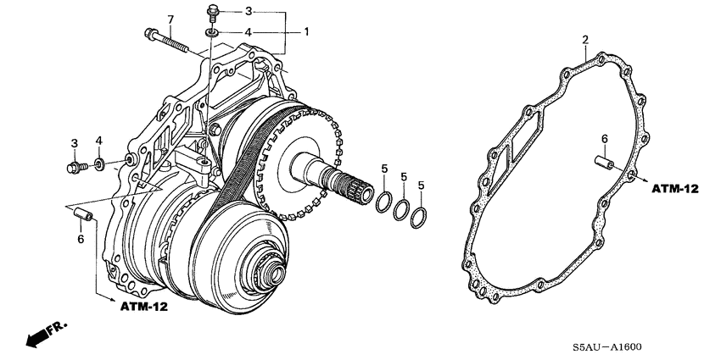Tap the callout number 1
click(307, 31)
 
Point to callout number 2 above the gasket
click(585, 40)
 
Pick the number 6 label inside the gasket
click(604, 138)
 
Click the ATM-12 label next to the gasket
click(674, 188)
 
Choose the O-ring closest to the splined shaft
click(383, 204)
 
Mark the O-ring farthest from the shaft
click(418, 218)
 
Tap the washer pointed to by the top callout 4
click(210, 32)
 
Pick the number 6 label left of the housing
click(81, 241)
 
